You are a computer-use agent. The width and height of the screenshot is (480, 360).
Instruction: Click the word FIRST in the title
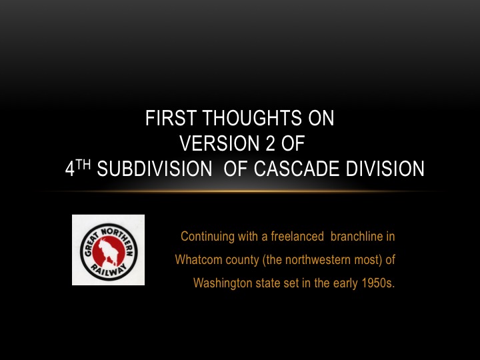(171, 118)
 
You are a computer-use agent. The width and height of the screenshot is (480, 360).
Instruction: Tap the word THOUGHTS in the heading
(252, 118)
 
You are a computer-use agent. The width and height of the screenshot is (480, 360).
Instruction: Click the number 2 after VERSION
(270, 143)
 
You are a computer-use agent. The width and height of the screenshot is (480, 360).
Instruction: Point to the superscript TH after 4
(83, 165)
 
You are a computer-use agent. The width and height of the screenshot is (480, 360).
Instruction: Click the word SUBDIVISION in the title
(154, 169)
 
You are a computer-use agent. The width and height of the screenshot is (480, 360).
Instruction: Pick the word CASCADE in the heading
(297, 169)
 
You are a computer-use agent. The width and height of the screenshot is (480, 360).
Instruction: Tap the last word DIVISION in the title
(385, 169)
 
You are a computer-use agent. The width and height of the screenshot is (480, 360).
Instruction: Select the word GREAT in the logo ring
(90, 244)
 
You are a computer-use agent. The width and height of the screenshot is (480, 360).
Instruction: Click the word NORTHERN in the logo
(118, 240)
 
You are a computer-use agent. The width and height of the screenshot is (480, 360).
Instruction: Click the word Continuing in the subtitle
(207, 237)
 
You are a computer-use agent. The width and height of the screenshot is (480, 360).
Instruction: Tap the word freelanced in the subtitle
(297, 237)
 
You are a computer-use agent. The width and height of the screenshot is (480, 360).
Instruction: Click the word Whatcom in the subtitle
(199, 259)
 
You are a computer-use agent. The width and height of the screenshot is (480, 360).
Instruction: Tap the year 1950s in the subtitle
(378, 283)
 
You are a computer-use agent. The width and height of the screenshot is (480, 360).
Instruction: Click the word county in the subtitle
(242, 260)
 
